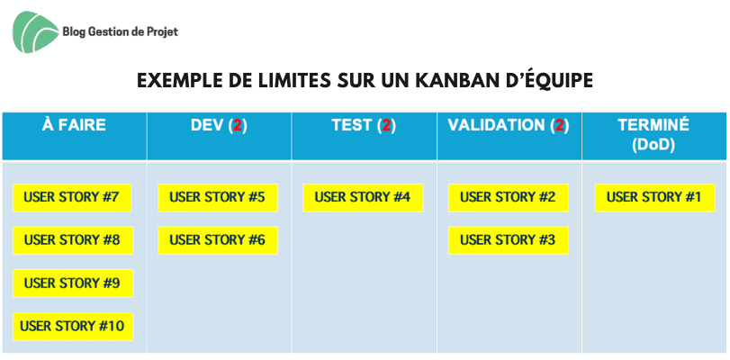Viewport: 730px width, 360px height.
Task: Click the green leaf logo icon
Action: click(35, 31)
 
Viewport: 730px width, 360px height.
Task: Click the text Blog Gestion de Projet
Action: click(120, 31)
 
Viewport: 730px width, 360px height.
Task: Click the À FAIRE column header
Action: click(74, 125)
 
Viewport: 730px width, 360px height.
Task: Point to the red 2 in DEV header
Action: click(238, 126)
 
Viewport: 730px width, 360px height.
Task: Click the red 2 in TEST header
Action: click(386, 126)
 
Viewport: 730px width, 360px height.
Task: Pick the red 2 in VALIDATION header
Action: click(560, 126)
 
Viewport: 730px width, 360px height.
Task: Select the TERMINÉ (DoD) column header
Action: click(653, 135)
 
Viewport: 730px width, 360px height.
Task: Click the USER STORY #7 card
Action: click(72, 197)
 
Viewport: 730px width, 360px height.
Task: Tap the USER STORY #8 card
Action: click(73, 240)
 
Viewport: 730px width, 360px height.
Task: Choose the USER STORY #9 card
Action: click(73, 283)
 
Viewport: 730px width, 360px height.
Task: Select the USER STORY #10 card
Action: click(73, 327)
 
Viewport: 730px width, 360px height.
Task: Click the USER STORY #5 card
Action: click(218, 197)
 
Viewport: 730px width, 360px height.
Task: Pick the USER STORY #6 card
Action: click(218, 240)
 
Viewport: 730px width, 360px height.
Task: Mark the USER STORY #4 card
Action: click(363, 197)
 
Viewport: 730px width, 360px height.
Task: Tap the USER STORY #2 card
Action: click(509, 197)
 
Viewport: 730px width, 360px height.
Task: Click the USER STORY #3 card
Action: click(509, 240)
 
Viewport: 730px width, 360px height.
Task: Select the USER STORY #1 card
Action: click(654, 197)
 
